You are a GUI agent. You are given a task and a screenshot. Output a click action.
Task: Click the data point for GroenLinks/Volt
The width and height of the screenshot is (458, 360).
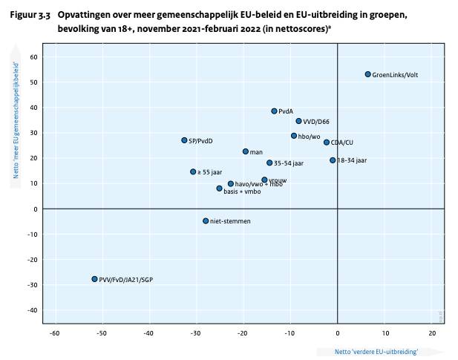(367, 74)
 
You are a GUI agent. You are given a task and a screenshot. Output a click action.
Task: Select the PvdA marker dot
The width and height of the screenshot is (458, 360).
(274, 111)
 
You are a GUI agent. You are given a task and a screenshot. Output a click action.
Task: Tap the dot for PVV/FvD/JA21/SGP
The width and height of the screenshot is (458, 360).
(94, 279)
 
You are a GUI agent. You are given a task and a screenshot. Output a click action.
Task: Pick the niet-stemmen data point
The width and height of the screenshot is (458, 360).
(206, 220)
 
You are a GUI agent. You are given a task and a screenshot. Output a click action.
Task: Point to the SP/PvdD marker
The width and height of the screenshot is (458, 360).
(184, 140)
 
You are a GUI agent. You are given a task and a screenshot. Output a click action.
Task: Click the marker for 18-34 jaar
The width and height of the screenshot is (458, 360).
(333, 160)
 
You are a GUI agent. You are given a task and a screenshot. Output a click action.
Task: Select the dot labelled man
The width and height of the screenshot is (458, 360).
(245, 151)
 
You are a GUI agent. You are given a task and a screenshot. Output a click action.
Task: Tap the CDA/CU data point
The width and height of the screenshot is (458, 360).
(326, 142)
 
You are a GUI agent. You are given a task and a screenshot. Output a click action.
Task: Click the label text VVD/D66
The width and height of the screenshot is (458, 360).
(318, 121)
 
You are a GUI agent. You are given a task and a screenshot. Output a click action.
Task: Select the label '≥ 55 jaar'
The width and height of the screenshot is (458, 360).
(211, 172)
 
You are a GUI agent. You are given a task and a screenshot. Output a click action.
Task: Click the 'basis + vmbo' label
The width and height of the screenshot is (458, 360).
(243, 192)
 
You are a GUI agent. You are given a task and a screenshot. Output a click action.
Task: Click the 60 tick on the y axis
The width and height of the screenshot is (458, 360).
(33, 57)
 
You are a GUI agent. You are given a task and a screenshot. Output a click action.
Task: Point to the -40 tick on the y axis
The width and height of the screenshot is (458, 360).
(32, 310)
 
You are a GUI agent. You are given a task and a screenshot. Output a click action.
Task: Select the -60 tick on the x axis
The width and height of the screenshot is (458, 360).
(54, 333)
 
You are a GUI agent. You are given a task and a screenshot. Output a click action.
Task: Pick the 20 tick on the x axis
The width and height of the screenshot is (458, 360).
(432, 333)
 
